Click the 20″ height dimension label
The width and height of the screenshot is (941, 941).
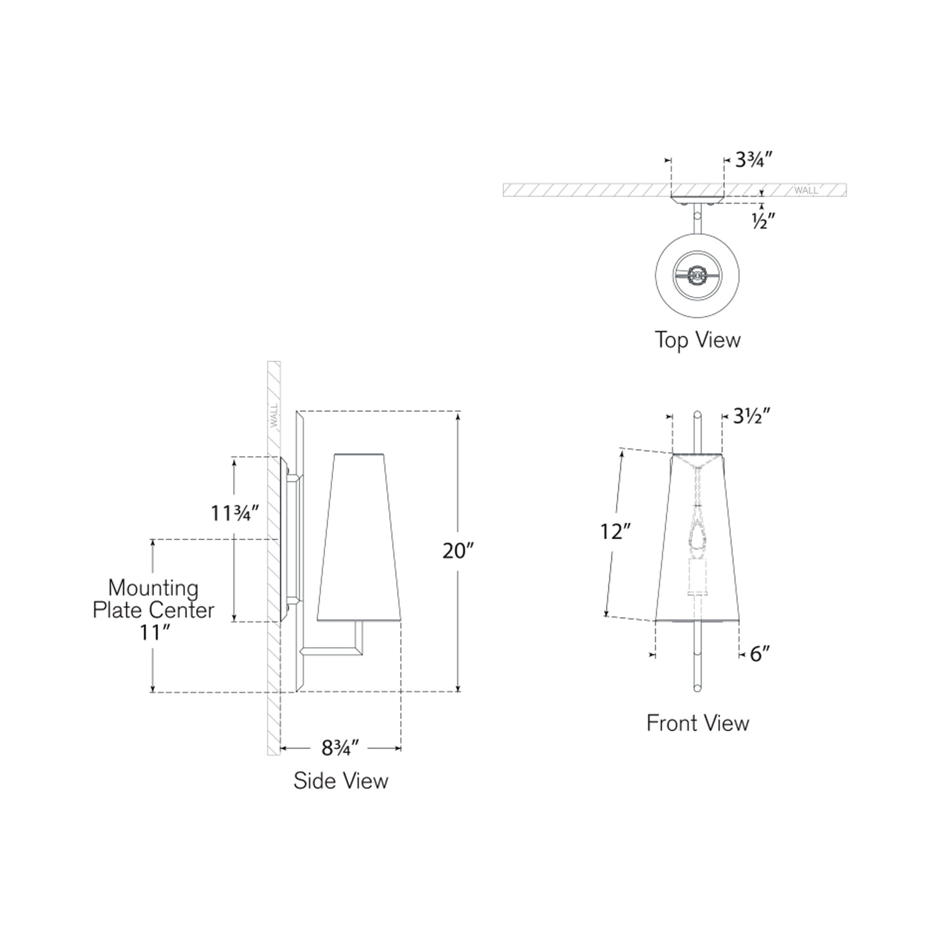click(457, 551)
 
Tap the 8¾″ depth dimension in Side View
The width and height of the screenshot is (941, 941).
click(340, 748)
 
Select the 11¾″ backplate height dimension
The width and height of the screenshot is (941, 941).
click(234, 513)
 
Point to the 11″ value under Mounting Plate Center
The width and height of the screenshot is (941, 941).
click(154, 632)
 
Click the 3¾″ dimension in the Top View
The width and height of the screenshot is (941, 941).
click(753, 159)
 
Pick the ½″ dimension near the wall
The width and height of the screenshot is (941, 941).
click(763, 221)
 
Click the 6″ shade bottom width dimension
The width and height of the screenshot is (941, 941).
click(760, 654)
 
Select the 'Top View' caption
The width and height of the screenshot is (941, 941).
click(697, 339)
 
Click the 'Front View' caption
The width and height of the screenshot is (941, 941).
click(697, 723)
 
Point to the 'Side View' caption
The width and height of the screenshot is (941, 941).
click(340, 781)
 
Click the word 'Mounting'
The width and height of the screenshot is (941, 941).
click(153, 588)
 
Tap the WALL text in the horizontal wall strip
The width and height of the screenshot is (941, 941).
click(806, 191)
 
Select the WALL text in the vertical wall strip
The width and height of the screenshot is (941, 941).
click(274, 415)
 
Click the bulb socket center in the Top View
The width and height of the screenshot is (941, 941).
click(697, 276)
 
